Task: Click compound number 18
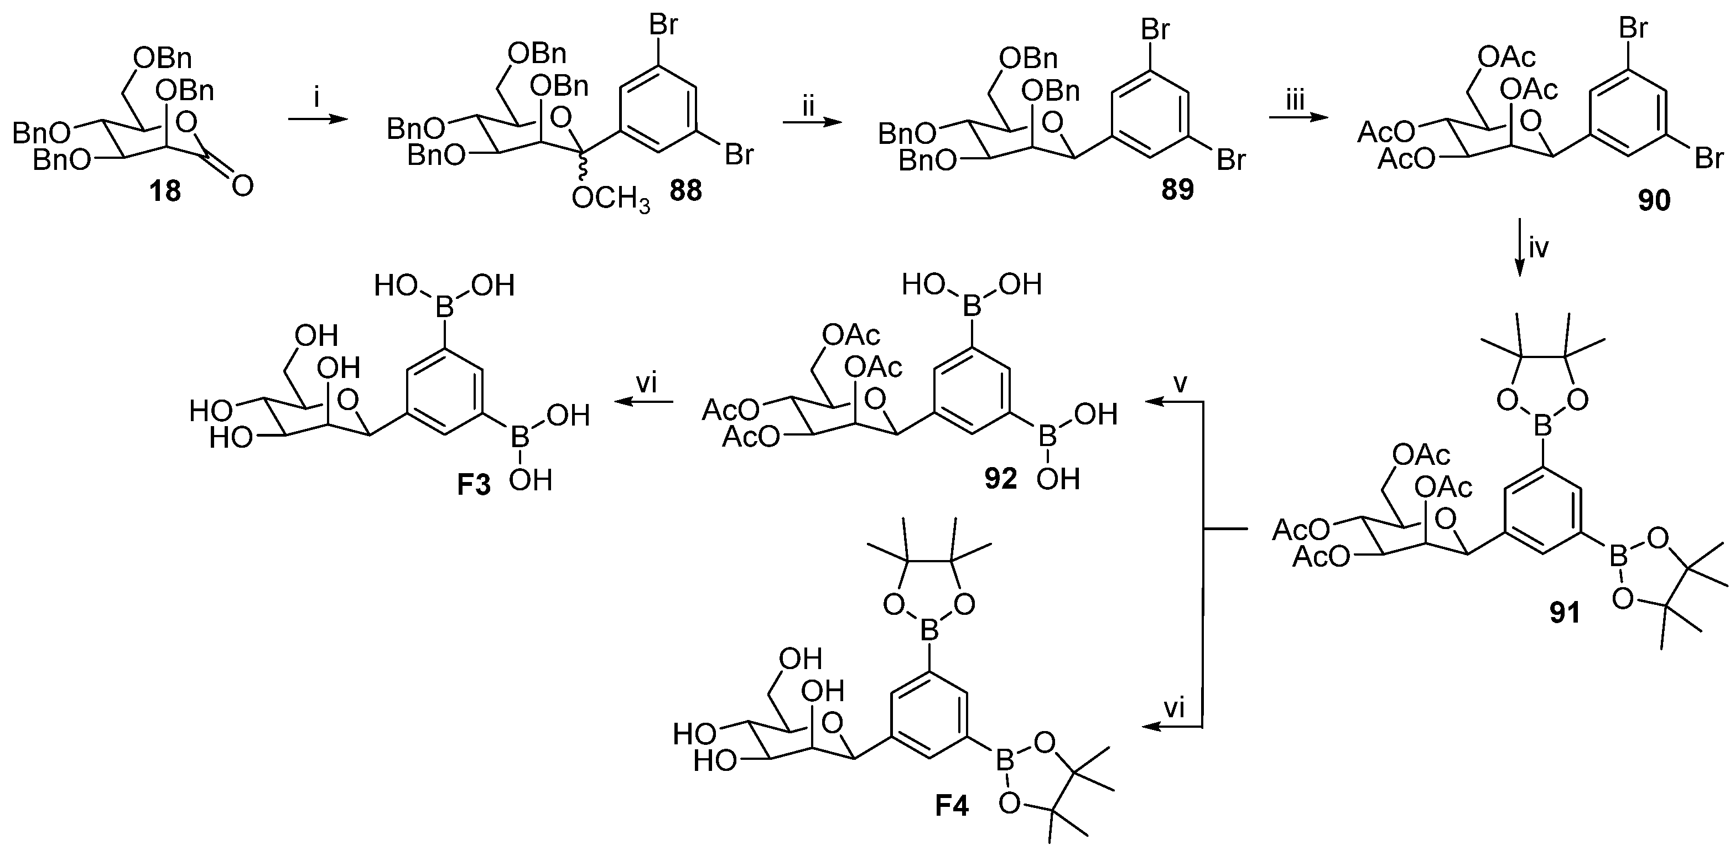point(165,192)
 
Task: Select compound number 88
point(685,192)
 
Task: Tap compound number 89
point(1177,190)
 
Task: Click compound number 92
point(1000,479)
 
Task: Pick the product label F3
point(474,485)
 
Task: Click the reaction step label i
point(317,99)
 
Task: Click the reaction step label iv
point(1539,248)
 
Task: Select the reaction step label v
point(1181,383)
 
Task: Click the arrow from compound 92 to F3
point(643,402)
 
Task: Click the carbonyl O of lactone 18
point(242,185)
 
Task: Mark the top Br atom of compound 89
point(1155,30)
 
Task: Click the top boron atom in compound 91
point(1542,426)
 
